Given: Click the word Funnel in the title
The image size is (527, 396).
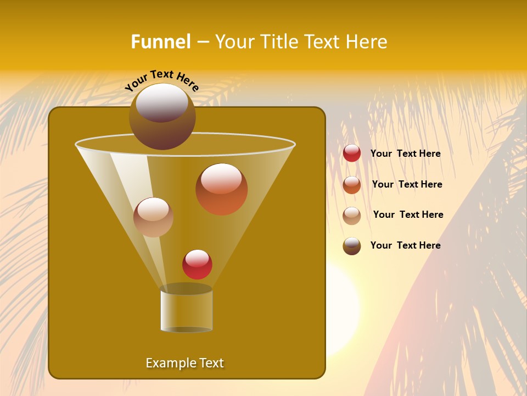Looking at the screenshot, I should (x=160, y=42).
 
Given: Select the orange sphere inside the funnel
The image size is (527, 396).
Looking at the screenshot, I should (x=222, y=190).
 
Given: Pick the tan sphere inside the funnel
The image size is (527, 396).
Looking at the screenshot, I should (x=153, y=217).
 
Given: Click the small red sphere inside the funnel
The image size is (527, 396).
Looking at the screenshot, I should (x=197, y=265).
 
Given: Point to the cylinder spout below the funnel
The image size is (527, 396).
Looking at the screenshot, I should (x=186, y=309).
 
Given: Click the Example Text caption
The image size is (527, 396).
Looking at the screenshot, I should (x=184, y=363).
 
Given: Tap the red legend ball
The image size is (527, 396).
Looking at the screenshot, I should (x=352, y=153).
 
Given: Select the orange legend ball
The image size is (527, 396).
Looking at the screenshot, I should (x=352, y=185).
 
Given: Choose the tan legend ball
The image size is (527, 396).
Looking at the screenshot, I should (x=352, y=216).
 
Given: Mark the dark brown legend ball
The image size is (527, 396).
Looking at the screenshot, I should (x=352, y=246).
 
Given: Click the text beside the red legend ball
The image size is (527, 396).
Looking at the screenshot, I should (x=405, y=154).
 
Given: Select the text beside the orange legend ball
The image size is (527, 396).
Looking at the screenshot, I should (x=407, y=185).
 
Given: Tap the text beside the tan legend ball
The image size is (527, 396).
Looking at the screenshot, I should (x=408, y=215).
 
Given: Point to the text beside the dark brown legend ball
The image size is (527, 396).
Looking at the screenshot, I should (x=405, y=246).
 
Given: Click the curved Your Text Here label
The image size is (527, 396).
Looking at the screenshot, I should (x=162, y=79).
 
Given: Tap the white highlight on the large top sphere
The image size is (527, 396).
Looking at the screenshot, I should (x=162, y=102).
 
